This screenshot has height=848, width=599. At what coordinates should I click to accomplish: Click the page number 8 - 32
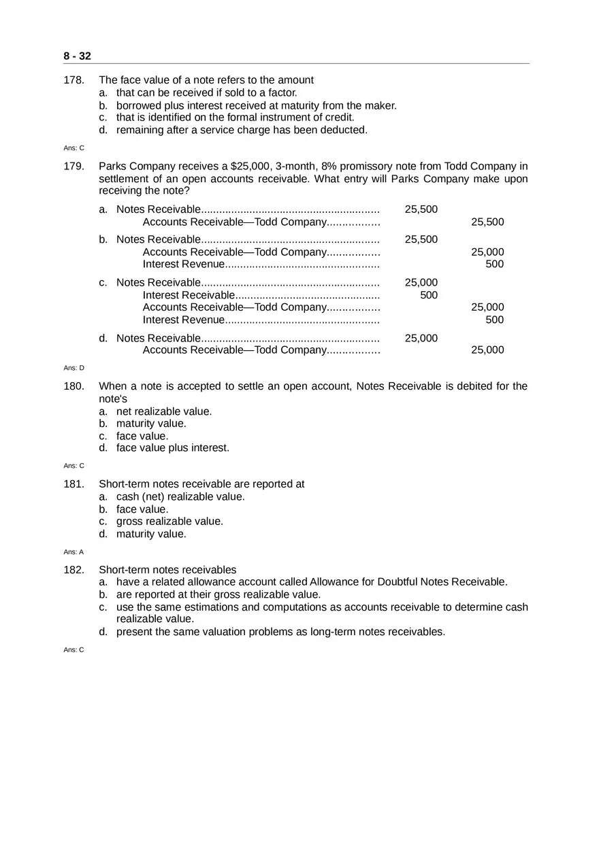point(77,56)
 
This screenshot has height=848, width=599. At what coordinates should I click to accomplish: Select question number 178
point(74,80)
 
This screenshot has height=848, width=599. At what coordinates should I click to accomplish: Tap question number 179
point(74,167)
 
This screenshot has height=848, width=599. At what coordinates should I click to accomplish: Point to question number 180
point(74,386)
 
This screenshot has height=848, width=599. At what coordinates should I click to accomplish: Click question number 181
point(74,484)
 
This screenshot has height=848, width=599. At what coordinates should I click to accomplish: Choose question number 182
point(74,570)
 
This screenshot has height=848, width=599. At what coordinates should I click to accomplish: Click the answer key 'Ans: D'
point(74,368)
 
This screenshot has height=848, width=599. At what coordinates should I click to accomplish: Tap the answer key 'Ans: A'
point(74,552)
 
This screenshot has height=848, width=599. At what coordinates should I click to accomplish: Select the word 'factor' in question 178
point(281,92)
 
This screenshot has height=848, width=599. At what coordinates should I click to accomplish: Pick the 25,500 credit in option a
point(487,222)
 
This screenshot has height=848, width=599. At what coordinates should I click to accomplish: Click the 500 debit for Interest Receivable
point(429,295)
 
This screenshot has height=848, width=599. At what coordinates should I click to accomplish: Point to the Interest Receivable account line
point(189,295)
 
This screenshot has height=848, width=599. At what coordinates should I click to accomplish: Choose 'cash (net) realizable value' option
point(180,497)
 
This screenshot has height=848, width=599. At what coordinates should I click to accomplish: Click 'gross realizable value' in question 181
point(169,522)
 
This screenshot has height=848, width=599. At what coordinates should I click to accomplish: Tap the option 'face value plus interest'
point(173,448)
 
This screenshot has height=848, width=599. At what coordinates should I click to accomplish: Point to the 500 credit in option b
point(495,265)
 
